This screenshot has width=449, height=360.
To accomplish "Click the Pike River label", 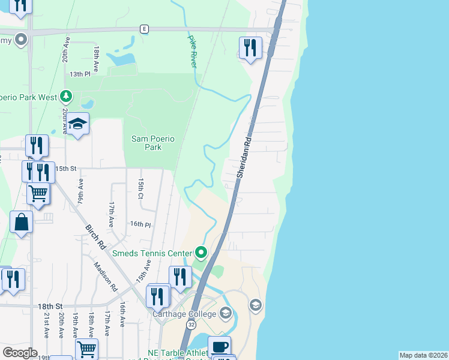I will (x=193, y=50).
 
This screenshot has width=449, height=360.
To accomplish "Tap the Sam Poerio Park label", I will (x=154, y=143).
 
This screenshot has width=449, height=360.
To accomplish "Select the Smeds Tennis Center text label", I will (x=160, y=253).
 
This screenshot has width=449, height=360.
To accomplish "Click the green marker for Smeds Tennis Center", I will (x=201, y=253).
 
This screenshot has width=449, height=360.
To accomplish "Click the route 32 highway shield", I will (x=191, y=325).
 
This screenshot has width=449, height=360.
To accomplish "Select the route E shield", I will (x=144, y=29).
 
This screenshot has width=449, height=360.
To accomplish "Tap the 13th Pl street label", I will (x=79, y=74).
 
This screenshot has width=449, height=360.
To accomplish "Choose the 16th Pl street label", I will (x=140, y=224).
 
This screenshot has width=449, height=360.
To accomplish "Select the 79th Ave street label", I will (x=80, y=191).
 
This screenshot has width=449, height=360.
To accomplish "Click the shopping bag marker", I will (x=22, y=222).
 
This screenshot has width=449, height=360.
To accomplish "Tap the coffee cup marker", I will (x=219, y=346).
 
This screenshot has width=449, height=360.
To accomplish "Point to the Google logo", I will (x=20, y=353).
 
